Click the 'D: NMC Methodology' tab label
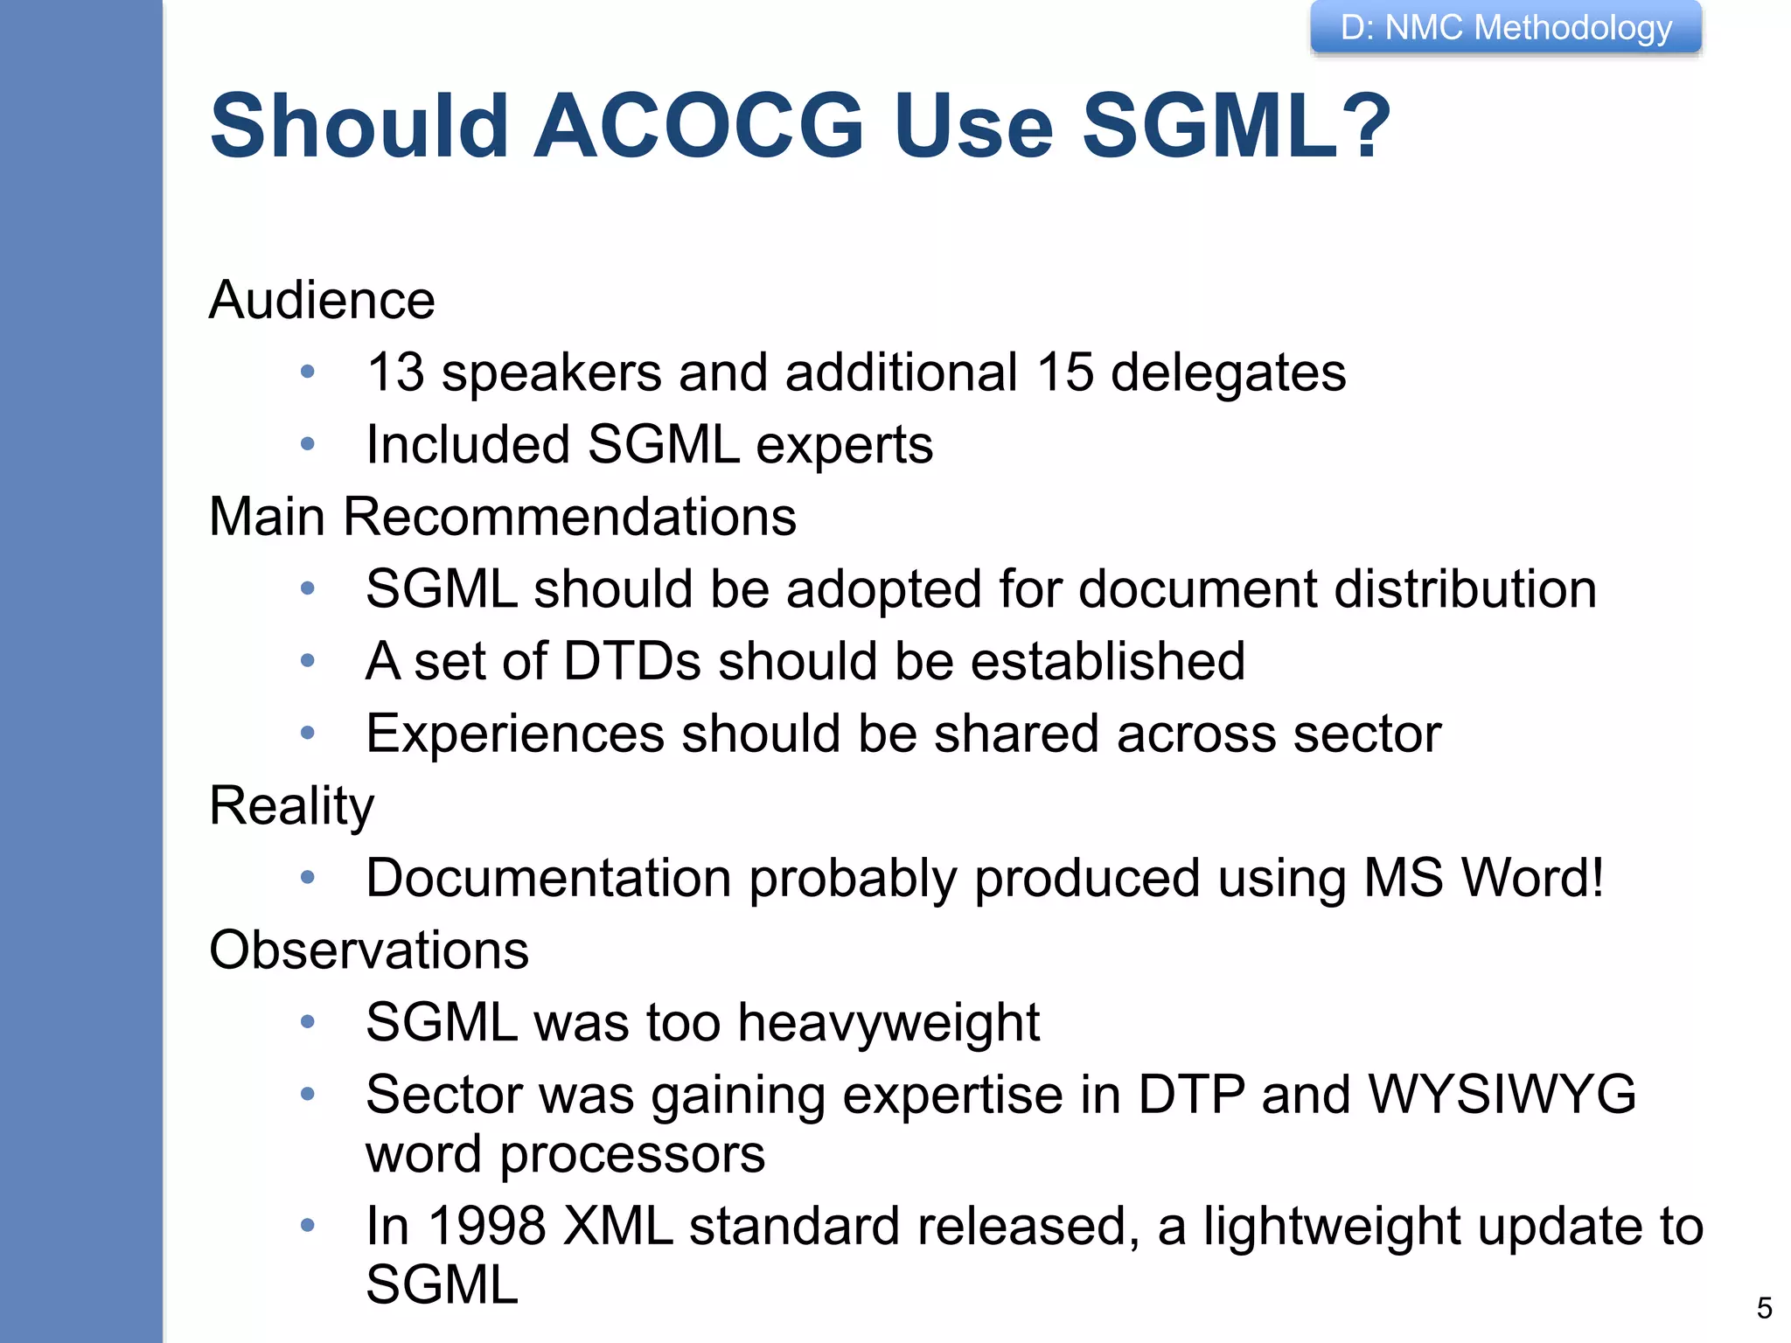tap(1506, 28)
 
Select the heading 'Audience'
tap(322, 301)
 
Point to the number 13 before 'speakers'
tap(395, 372)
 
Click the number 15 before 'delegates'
tap(1065, 372)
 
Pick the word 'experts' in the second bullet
tap(844, 445)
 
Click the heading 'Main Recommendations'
tap(503, 517)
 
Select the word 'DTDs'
tap(632, 661)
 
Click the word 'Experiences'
tap(515, 734)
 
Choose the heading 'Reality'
tap(292, 806)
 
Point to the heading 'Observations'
tap(369, 950)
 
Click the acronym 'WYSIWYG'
tap(1502, 1095)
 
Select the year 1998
tap(486, 1226)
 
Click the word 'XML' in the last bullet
tap(618, 1226)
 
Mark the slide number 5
tap(1764, 1308)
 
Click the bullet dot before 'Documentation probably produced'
tap(307, 877)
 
